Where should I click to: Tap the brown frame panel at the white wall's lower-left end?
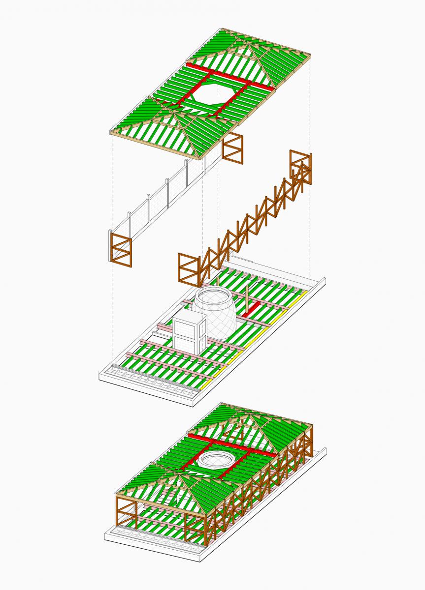tap(121, 250)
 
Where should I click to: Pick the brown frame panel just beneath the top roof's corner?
tap(232, 147)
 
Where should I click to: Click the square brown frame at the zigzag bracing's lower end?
tap(189, 269)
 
